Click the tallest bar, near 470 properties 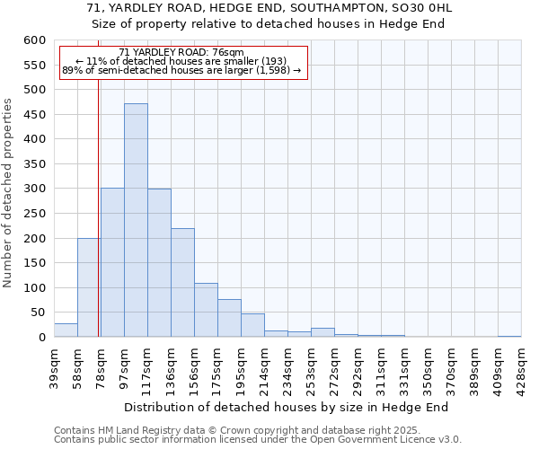tap(136, 220)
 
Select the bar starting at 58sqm tap(89, 287)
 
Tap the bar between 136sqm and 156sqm tap(182, 282)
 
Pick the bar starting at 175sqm tap(229, 318)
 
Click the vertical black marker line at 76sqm tap(98, 180)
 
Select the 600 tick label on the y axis tap(34, 40)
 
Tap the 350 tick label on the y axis tap(34, 164)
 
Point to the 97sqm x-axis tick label tap(124, 365)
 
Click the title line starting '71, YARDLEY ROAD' tap(269, 8)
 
